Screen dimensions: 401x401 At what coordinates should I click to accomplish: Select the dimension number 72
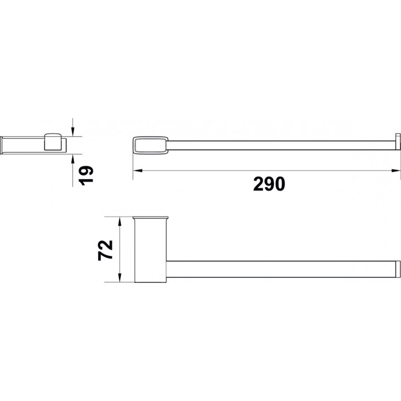pyautogui.click(x=105, y=250)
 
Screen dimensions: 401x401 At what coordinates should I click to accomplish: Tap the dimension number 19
pyautogui.click(x=86, y=175)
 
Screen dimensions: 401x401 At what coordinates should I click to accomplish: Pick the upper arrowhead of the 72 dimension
pyautogui.click(x=119, y=222)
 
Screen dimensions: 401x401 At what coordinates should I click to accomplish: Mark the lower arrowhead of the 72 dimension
pyautogui.click(x=119, y=277)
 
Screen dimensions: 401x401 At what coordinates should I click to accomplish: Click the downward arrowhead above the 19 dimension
pyautogui.click(x=73, y=132)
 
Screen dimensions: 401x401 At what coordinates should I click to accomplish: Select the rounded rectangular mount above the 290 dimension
pyautogui.click(x=150, y=145)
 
